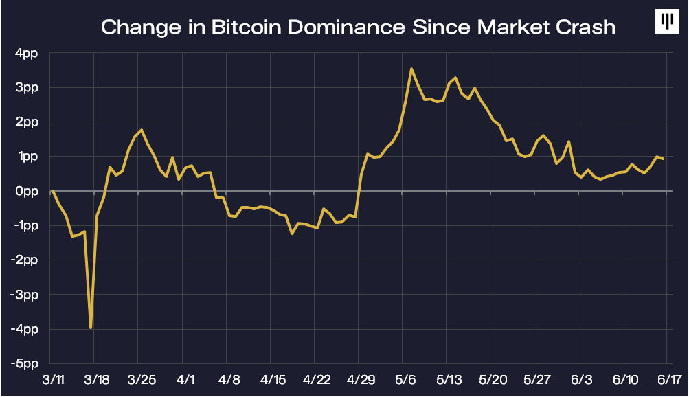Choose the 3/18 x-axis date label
[x=95, y=379]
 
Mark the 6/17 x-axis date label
[x=666, y=379]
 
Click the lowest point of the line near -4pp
[x=91, y=328]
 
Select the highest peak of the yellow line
[x=411, y=69]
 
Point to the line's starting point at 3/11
[x=53, y=191]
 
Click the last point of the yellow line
[x=664, y=159]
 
